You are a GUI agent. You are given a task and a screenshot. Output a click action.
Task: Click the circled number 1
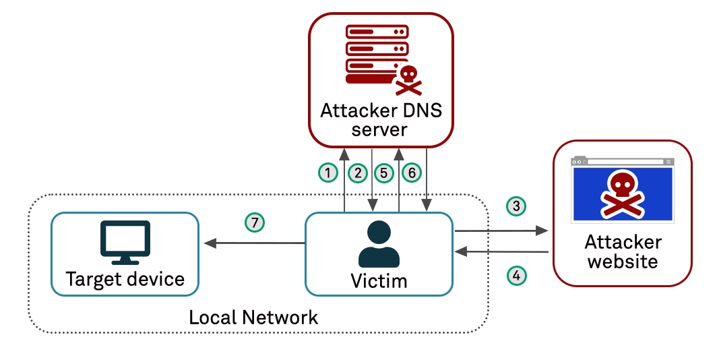point(328,173)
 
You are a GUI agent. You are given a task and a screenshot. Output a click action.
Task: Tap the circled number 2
point(358,173)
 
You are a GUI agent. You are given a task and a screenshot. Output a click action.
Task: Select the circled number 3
point(516,206)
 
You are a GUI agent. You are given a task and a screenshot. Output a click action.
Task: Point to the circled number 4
point(516,275)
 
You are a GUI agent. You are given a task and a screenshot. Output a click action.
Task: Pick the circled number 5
point(383,173)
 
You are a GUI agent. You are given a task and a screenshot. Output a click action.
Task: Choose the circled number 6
point(411,173)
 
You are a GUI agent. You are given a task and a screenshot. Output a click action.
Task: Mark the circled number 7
point(255,222)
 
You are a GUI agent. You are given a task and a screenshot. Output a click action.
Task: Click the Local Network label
point(253,317)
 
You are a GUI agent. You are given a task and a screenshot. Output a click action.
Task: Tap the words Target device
point(125,278)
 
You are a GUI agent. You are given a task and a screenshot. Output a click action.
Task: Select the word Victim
point(379,280)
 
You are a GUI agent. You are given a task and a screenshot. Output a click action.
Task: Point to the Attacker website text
point(623,251)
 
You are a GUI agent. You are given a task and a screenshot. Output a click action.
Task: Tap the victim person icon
point(379,245)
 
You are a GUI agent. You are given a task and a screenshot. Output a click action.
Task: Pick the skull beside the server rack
point(407,79)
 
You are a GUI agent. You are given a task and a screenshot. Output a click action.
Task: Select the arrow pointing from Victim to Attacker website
point(501,231)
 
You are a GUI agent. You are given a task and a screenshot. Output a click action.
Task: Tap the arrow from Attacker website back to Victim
point(501,251)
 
